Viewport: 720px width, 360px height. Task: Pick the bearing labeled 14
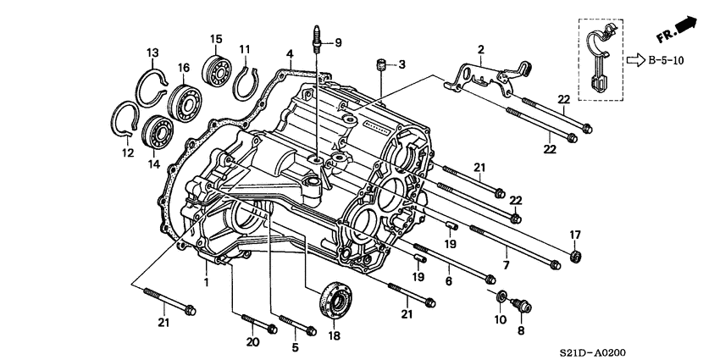157,131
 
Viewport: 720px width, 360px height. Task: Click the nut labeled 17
575,255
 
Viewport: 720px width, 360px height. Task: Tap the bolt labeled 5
296,326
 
